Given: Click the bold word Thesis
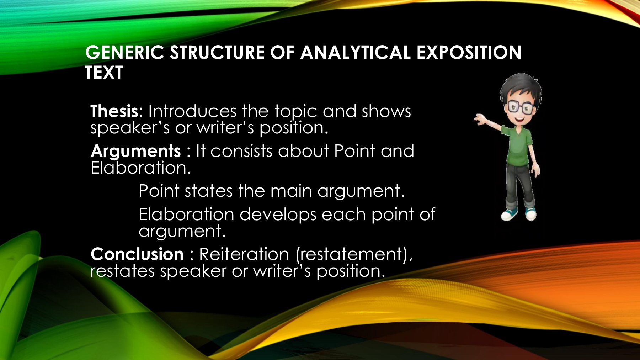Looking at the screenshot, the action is pyautogui.click(x=114, y=111).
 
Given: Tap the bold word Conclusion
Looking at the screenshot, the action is pyautogui.click(x=137, y=254).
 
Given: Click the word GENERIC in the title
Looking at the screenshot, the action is pyautogui.click(x=125, y=52).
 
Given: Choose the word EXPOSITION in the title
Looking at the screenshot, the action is pyautogui.click(x=469, y=52).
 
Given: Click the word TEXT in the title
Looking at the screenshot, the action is pyautogui.click(x=104, y=73).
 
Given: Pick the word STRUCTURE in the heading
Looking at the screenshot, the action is pyautogui.click(x=217, y=52).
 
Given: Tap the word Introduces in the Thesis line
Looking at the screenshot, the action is pyautogui.click(x=192, y=111).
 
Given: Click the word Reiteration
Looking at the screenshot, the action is pyautogui.click(x=244, y=254).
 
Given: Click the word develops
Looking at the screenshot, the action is pyautogui.click(x=278, y=215).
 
